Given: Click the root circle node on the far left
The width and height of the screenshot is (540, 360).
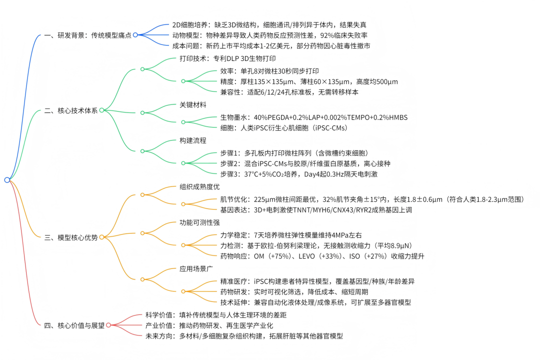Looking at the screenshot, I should (6, 180).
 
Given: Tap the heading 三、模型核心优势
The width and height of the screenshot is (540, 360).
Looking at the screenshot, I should (71, 237).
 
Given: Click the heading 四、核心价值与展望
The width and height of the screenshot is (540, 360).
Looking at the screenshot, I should (74, 325).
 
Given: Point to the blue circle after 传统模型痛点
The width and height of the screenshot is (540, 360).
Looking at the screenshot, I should (135, 35).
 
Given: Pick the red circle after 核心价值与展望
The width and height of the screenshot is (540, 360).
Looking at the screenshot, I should (108, 325).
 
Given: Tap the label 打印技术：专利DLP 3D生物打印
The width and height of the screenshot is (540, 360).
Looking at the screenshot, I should (224, 58).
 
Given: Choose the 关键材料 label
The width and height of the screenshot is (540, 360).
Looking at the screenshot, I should (193, 105).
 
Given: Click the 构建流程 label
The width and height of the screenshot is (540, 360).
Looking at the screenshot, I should (193, 140).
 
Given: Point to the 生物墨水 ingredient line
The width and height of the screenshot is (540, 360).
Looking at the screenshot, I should (314, 117).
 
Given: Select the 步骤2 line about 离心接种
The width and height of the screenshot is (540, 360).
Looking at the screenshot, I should (305, 163).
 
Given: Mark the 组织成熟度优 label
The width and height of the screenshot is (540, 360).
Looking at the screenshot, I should (199, 187).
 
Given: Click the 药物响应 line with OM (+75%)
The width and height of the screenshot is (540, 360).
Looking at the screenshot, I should (322, 256).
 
